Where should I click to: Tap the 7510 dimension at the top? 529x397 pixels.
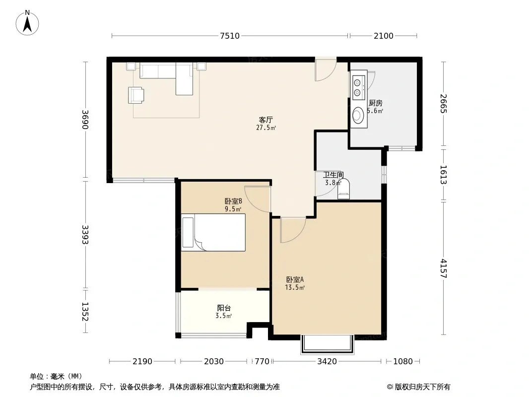230,36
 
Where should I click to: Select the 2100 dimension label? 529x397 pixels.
383,36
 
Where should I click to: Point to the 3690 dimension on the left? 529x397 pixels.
85,120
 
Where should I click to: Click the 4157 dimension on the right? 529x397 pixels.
443,268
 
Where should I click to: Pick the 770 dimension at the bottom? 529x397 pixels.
262,362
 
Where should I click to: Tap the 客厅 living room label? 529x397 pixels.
266,120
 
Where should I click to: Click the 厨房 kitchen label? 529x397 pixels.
376,103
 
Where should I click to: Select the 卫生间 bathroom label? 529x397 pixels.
333,175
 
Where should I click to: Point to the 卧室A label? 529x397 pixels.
295,279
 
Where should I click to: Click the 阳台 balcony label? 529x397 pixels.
224,308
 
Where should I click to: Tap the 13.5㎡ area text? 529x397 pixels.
295,288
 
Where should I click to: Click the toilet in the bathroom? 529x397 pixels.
344,190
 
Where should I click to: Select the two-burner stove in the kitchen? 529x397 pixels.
358,87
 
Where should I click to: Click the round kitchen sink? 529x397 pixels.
358,115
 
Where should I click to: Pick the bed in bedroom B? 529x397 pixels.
213,232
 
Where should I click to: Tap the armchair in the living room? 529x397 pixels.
136,95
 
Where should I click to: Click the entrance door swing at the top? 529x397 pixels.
326,70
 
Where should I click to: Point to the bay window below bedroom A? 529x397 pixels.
327,344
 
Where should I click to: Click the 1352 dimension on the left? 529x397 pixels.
85,312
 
